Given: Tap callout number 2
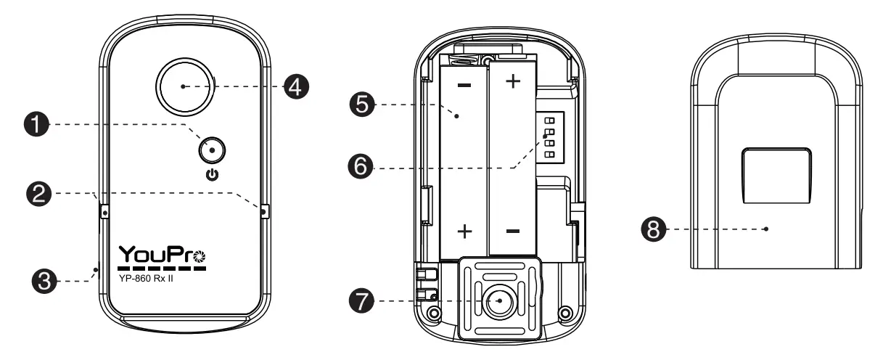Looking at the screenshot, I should click(40, 193).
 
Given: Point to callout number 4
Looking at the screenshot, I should click(295, 86).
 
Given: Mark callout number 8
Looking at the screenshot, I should click(652, 229).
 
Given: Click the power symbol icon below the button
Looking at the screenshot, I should click(210, 175).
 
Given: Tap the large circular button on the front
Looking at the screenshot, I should click(184, 86).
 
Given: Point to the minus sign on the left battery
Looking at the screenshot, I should click(464, 85).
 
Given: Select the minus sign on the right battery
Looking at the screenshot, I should click(512, 232).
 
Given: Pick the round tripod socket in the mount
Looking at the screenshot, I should click(499, 300).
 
